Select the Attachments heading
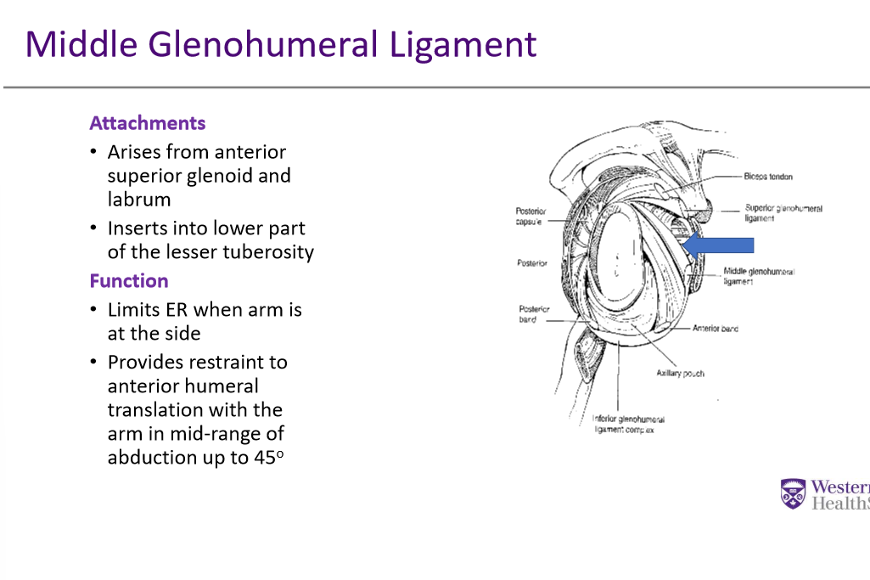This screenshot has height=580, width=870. click(x=148, y=123)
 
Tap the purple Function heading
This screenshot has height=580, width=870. click(x=129, y=281)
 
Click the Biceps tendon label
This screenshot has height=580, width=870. click(x=768, y=177)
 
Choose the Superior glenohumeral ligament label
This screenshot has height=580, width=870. click(x=783, y=212)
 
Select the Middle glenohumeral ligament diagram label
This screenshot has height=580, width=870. click(x=759, y=276)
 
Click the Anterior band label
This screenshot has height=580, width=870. click(x=716, y=328)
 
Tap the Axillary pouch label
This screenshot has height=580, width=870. click(x=680, y=374)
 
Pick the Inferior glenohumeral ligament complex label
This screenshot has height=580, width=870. click(x=628, y=425)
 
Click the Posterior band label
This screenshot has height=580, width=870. click(x=534, y=314)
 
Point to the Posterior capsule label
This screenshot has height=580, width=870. click(x=530, y=216)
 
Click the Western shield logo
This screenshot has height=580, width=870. click(x=792, y=493)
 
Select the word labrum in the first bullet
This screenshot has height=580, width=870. click(x=139, y=200)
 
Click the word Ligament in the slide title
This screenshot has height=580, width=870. click(x=463, y=44)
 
